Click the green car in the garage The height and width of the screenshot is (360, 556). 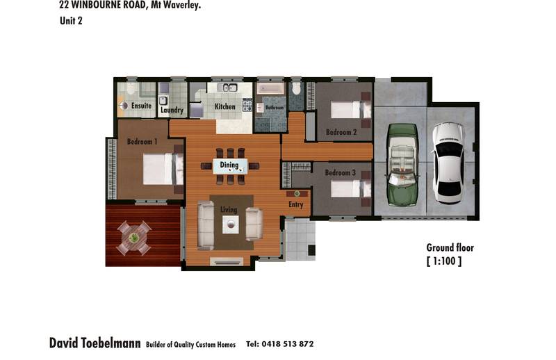tap(402, 165)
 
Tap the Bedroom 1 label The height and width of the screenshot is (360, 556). tap(142, 142)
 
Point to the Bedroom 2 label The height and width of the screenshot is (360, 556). tap(341, 132)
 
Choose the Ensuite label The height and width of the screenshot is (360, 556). tap(141, 106)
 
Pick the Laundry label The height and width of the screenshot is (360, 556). tap(172, 110)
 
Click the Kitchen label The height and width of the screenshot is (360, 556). tap(224, 106)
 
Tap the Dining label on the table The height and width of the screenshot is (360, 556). tap(229, 165)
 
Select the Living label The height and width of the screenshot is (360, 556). tap(229, 209)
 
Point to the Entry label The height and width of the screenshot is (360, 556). tap(295, 204)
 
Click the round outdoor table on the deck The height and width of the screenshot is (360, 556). tap(134, 238)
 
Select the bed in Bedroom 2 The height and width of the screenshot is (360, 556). tap(349, 109)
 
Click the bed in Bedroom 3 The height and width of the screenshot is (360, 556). tap(349, 189)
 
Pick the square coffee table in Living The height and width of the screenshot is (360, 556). tap(231, 224)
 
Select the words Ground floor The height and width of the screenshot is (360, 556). tap(450, 247)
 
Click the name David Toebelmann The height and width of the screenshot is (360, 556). tap(95, 343)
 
